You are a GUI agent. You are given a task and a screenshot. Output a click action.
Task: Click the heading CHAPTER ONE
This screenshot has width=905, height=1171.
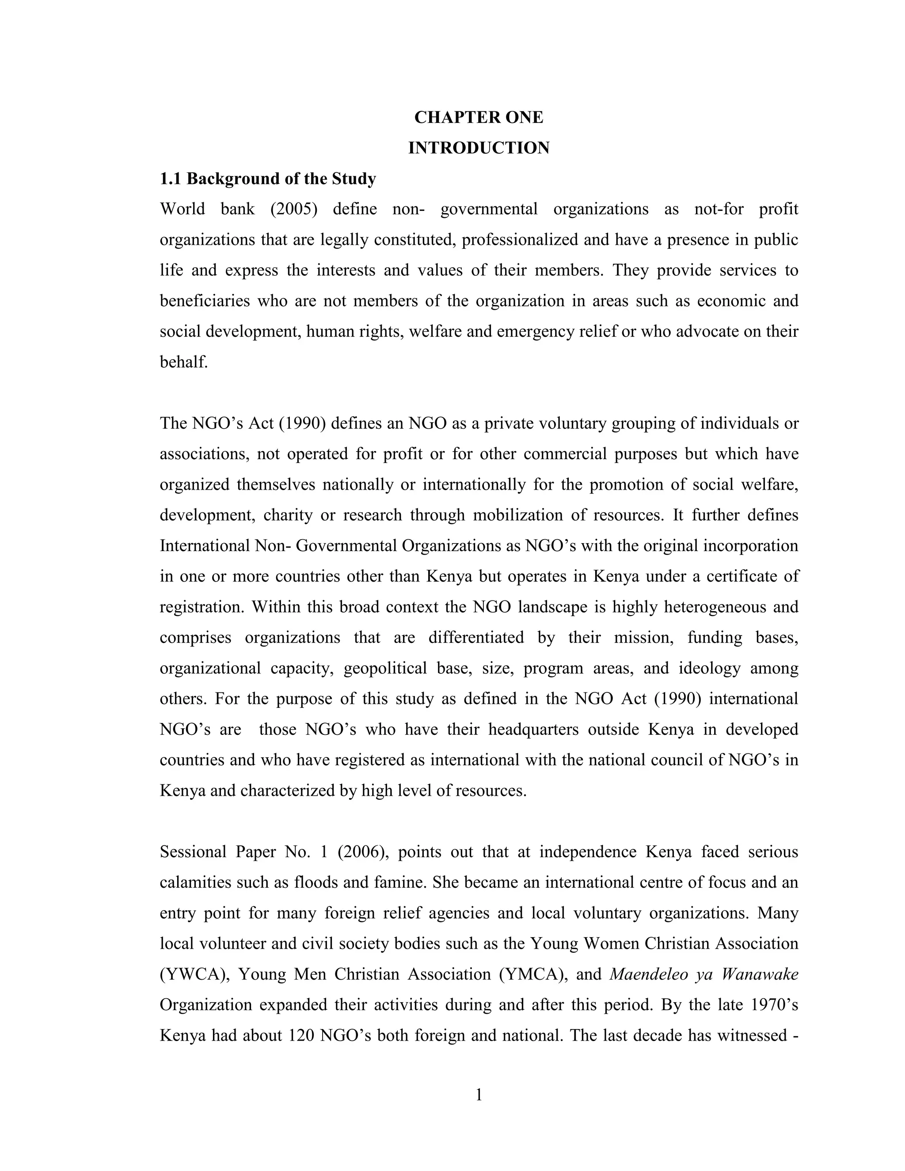(478, 118)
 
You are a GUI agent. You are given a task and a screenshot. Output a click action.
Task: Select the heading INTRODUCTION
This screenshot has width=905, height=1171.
(478, 148)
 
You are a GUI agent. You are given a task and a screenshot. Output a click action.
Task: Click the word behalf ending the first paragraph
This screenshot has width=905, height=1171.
(183, 362)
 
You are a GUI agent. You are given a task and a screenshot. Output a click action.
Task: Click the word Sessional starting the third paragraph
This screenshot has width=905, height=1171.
(193, 852)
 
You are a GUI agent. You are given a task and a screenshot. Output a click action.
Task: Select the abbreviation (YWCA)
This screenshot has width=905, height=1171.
(194, 974)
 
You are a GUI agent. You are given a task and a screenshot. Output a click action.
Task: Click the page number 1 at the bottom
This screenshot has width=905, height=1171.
(479, 1095)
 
